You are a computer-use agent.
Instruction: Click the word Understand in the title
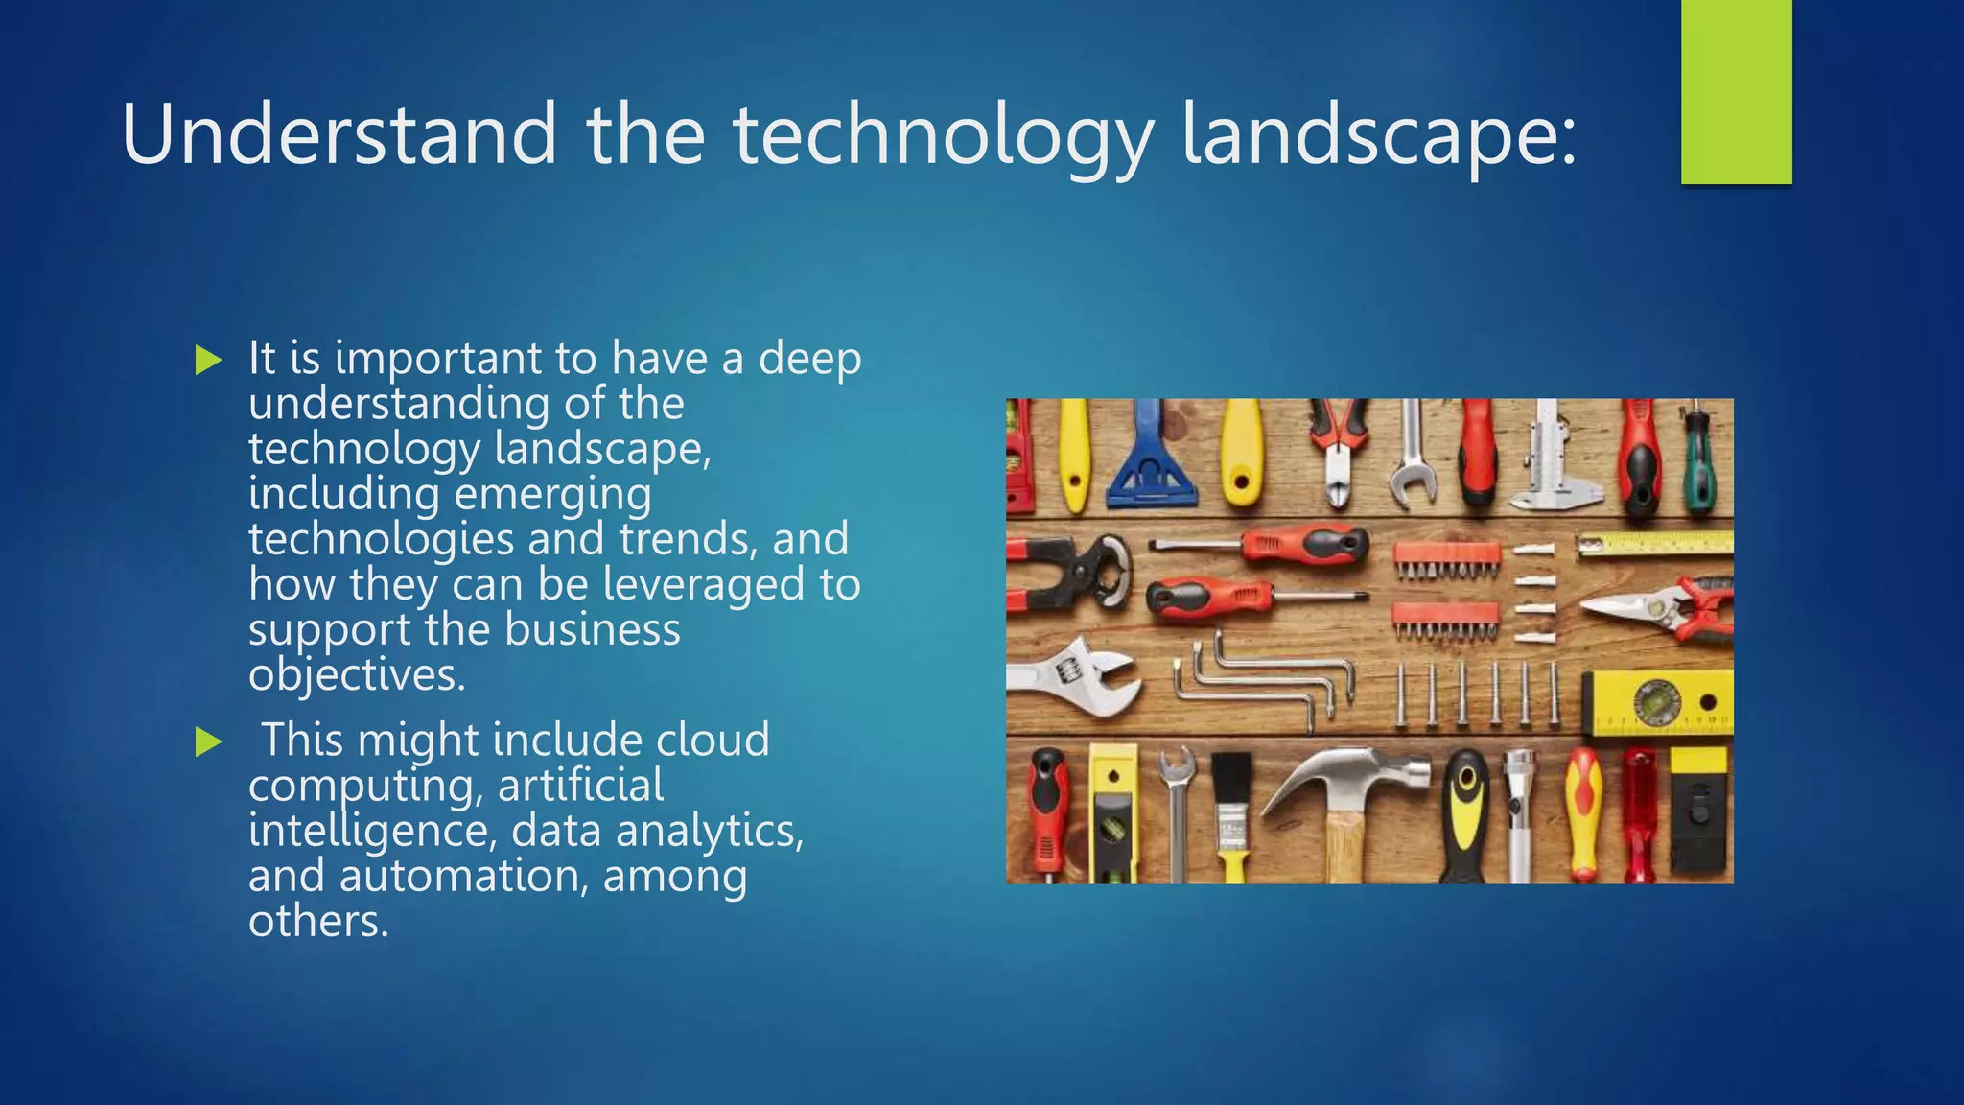coord(339,134)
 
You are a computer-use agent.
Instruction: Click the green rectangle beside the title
coord(1736,91)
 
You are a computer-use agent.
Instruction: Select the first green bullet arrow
coord(208,361)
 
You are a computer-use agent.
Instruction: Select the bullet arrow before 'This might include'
coord(208,741)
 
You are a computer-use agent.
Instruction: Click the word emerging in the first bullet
coord(552,495)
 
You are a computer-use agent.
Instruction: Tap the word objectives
coord(357,675)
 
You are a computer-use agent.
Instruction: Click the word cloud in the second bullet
coord(713,741)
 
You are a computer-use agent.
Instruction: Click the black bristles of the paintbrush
coord(1229,777)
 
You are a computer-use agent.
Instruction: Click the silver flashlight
coord(1519,815)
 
